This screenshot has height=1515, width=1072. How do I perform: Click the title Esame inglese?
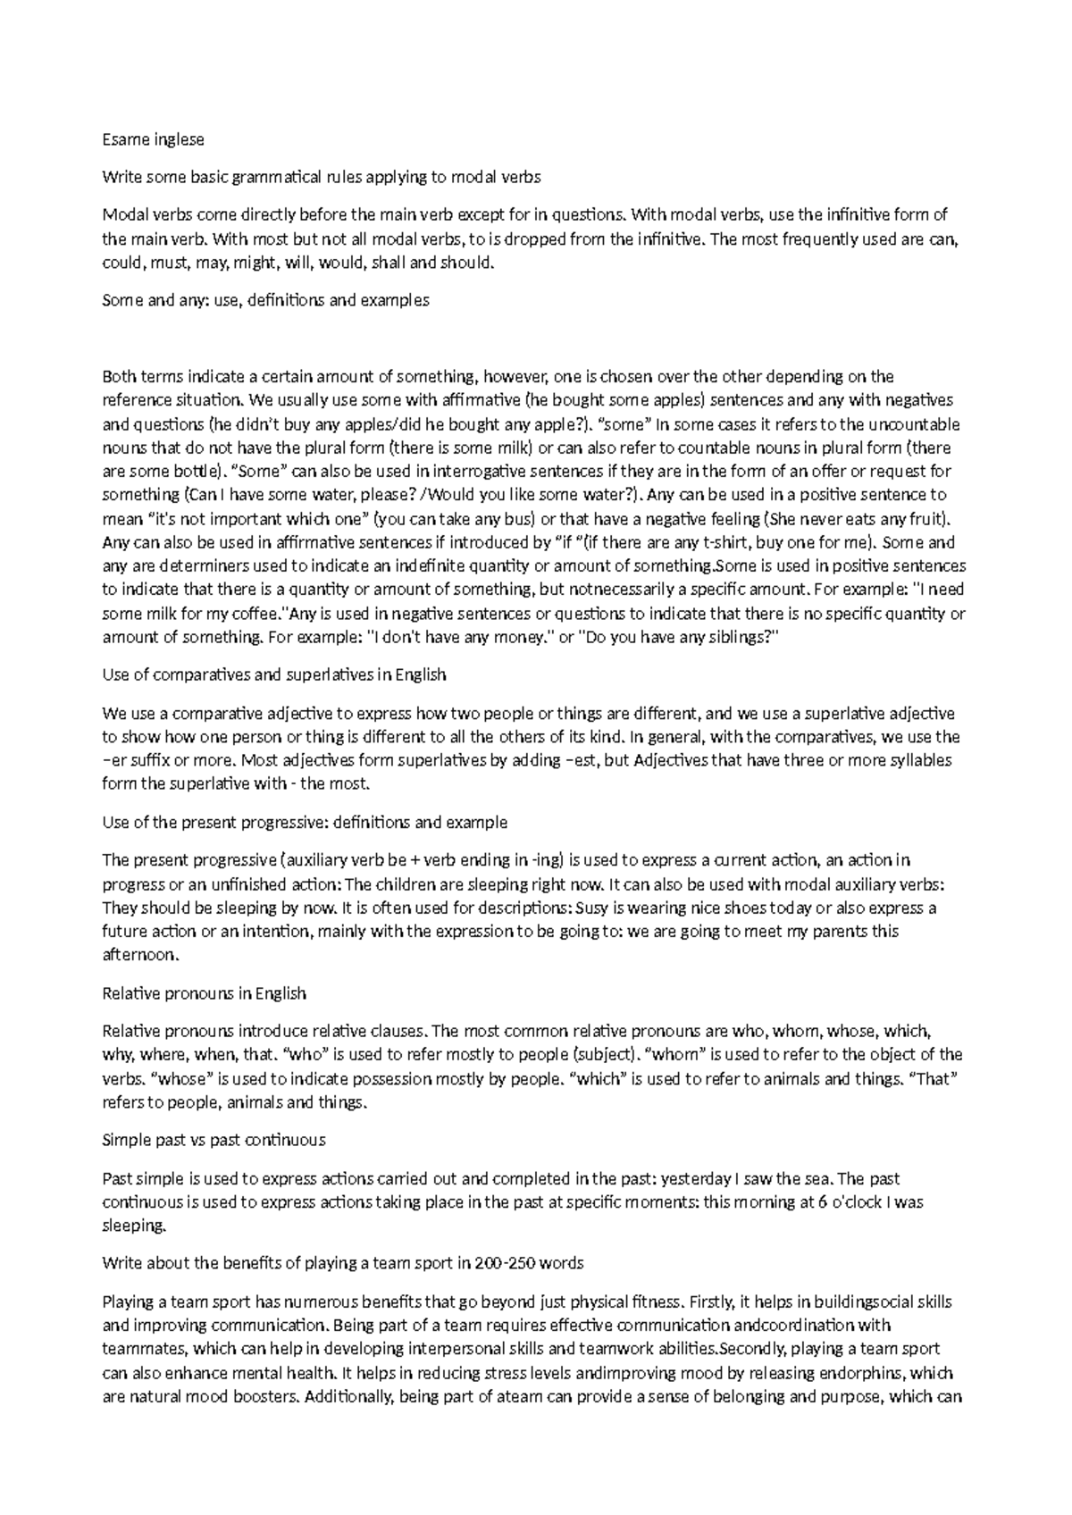[153, 139]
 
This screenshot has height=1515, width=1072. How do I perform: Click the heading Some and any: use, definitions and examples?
[265, 300]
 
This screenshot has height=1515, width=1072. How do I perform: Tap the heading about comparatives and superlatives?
[273, 674]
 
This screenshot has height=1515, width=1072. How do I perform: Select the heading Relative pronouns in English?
[205, 993]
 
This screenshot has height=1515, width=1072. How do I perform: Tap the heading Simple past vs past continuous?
[214, 1140]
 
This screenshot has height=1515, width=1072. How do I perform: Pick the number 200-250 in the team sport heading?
[501, 1263]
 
